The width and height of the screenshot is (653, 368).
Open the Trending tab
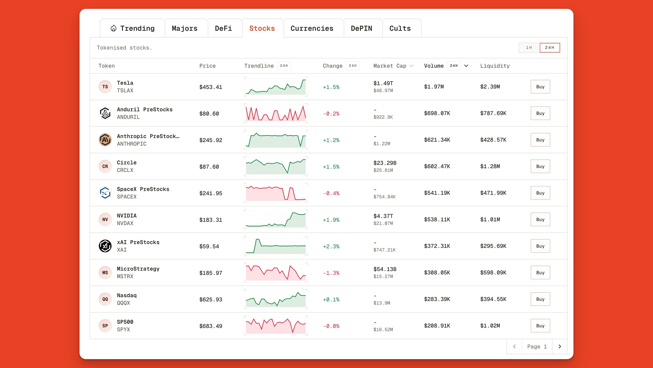coord(133,28)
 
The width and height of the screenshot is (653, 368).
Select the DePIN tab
coord(361,28)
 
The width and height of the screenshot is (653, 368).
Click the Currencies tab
coord(312,28)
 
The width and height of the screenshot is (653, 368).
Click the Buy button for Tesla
coord(540,87)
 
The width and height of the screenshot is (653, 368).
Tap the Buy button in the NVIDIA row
coord(540,219)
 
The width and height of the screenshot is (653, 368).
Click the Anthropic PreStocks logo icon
coord(105,140)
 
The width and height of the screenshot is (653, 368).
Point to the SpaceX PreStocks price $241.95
coord(211,193)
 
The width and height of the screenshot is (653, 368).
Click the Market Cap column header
coord(390,66)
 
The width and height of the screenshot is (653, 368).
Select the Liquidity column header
coord(495,66)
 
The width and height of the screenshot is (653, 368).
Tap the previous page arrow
coord(514,347)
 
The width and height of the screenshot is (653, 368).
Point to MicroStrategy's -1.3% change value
coord(331,273)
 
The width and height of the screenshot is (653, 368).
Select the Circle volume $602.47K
coord(437,166)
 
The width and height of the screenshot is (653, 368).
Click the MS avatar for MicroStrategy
coord(105,273)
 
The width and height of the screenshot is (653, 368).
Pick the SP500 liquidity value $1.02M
coord(490,326)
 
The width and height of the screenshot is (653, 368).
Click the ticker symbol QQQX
coord(123,303)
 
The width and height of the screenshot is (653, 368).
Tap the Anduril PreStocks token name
coord(145,109)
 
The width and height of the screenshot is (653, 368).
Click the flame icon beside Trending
coord(114,28)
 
